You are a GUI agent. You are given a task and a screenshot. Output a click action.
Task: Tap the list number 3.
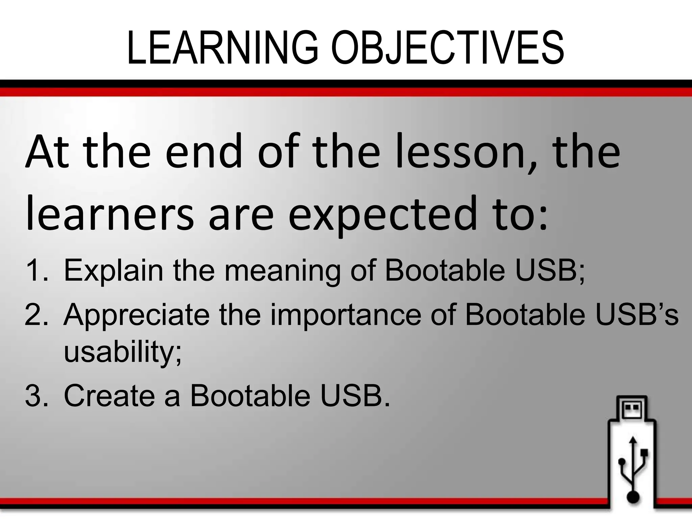(x=35, y=395)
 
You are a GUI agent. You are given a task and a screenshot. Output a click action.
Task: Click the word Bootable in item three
(x=250, y=395)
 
